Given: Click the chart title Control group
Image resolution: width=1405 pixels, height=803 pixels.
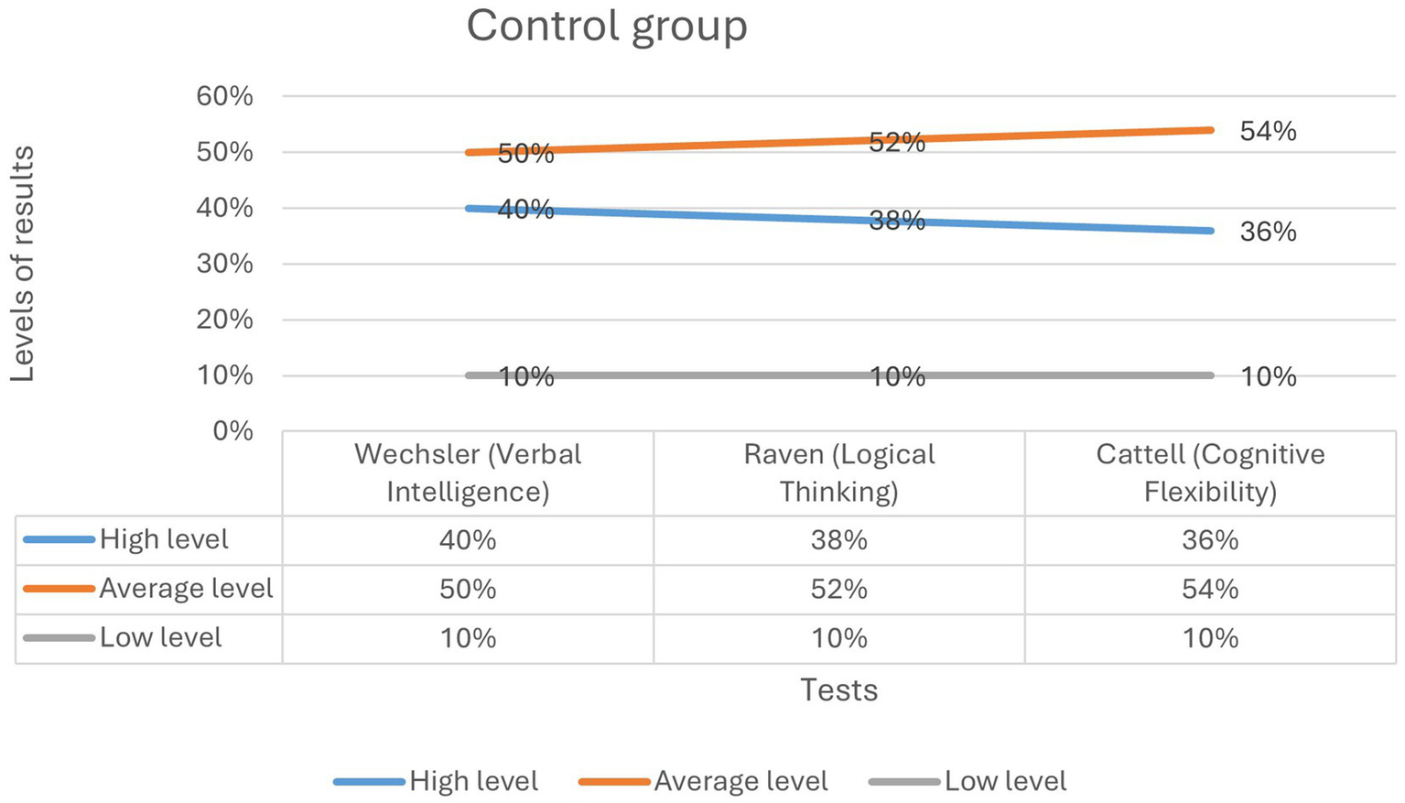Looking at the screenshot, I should (606, 26).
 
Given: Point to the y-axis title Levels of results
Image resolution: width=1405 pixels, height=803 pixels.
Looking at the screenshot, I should (22, 264).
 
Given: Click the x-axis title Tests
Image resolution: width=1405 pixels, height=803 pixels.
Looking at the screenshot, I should (838, 689).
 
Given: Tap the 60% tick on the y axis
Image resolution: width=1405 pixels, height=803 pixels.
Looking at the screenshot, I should (224, 96).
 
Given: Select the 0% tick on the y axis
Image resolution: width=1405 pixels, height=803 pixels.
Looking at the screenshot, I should (232, 430).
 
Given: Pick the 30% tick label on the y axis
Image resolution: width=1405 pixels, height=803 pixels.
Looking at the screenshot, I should (224, 264).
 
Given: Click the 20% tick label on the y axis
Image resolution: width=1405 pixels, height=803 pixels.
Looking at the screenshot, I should (224, 320).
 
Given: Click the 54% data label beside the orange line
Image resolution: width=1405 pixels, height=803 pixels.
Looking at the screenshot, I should (1268, 132).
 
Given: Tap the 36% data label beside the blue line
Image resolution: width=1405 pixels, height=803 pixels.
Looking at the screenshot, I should (1268, 233).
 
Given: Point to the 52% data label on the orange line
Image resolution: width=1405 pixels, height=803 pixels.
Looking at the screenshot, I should (896, 143).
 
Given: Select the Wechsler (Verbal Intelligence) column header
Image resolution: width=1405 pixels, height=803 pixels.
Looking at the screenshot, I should (468, 472).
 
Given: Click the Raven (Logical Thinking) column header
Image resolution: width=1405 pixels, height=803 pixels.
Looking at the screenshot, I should (838, 472).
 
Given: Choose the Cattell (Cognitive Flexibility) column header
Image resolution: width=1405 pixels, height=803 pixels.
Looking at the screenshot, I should (1210, 472).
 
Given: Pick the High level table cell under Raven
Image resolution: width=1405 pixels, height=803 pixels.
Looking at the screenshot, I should (838, 540).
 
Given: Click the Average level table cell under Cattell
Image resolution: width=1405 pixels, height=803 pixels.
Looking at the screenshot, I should (1210, 589).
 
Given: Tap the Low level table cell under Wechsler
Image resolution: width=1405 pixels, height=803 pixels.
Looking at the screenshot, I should (468, 638).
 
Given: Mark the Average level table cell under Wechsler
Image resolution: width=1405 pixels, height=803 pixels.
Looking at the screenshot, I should (468, 589).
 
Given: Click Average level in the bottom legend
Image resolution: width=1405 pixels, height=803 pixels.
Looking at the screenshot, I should (740, 781).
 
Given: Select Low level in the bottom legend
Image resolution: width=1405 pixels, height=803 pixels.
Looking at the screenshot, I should (1005, 781).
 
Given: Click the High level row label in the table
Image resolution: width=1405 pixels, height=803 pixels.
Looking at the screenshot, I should (164, 540).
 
